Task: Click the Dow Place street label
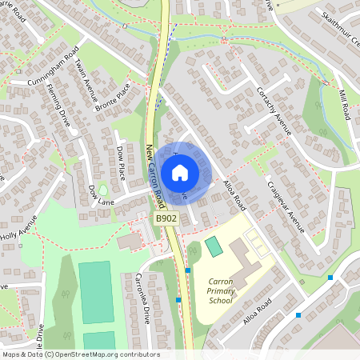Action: click(120, 162)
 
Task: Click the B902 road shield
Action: click(166, 218)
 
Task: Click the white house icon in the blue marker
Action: click(180, 172)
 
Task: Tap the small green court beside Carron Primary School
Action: click(214, 246)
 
